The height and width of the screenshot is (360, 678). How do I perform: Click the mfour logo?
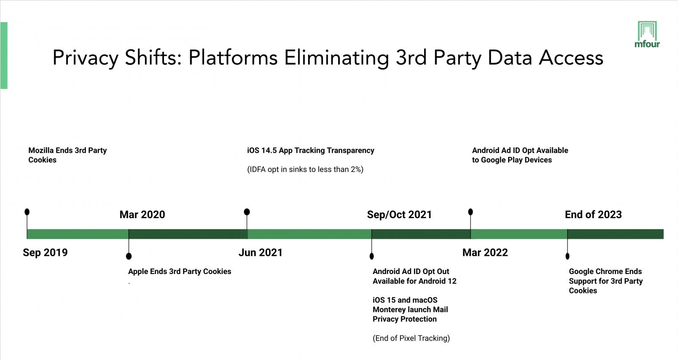point(647,35)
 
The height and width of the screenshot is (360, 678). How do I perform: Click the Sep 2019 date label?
point(45,253)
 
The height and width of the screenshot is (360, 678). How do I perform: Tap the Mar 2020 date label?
point(142,215)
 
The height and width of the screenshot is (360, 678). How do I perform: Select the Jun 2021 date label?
point(260,253)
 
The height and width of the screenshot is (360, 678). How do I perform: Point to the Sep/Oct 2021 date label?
point(399,215)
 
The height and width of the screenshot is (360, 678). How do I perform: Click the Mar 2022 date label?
point(485,253)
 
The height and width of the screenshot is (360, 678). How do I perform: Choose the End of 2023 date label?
point(593,215)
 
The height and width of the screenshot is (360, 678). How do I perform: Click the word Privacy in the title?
point(85,58)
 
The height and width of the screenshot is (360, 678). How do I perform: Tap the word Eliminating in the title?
point(336,58)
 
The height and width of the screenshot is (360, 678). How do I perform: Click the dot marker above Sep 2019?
point(27,212)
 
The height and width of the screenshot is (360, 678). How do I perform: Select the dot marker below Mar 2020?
point(129,256)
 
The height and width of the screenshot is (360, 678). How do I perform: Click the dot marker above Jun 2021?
point(247,212)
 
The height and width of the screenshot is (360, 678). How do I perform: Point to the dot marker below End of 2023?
point(567,256)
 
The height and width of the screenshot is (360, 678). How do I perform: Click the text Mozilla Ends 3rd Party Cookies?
point(67,155)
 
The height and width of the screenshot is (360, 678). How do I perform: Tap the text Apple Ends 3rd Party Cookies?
point(180,271)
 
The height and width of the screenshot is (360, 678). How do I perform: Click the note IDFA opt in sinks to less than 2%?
point(305,169)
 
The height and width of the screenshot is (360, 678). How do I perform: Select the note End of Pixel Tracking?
point(411,338)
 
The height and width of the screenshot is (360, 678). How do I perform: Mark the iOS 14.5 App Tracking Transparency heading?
point(311,150)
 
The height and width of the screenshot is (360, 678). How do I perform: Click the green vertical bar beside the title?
point(4,55)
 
